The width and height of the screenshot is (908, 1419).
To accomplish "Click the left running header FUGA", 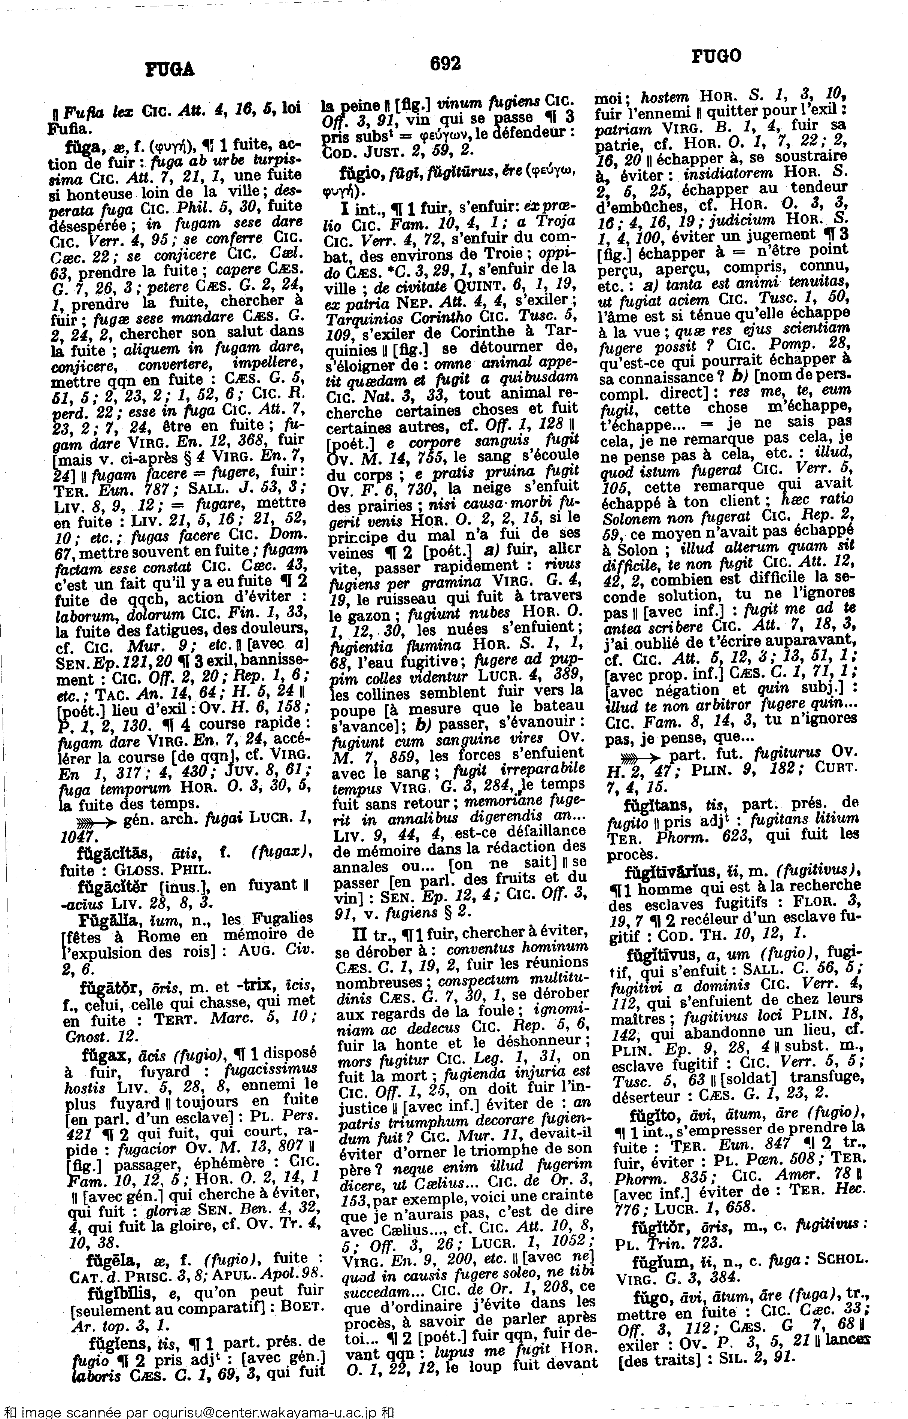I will tap(169, 70).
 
